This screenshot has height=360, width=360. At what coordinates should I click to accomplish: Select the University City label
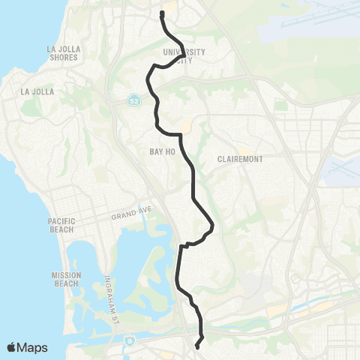pyautogui.click(x=184, y=55)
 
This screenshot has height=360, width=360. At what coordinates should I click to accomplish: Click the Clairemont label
pyautogui.click(x=241, y=160)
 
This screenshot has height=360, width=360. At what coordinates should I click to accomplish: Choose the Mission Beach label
pyautogui.click(x=66, y=279)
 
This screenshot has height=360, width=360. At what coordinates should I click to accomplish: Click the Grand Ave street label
pyautogui.click(x=132, y=215)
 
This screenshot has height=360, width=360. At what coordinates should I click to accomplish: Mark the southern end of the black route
pyautogui.click(x=197, y=346)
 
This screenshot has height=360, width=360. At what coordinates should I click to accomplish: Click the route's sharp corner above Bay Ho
pyautogui.click(x=181, y=135)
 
